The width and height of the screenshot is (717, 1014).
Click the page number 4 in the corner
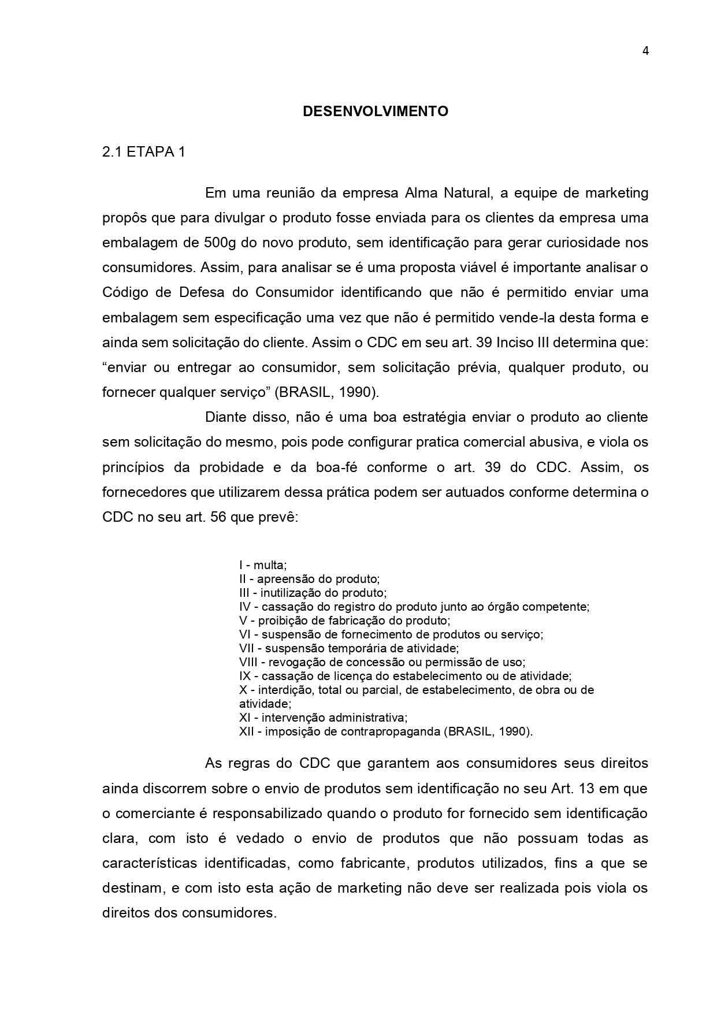tap(645, 51)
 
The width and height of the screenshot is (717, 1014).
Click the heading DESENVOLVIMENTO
tap(375, 112)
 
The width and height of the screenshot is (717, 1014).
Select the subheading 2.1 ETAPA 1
tap(144, 152)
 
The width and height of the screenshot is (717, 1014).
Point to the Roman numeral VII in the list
tap(247, 648)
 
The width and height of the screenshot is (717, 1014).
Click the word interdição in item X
tap(283, 690)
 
